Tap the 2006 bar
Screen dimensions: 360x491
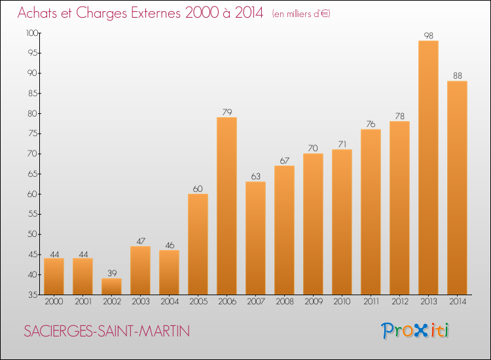pyautogui.click(x=227, y=206)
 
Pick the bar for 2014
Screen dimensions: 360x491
pyautogui.click(x=457, y=188)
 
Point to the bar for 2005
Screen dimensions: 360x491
pyautogui.click(x=198, y=244)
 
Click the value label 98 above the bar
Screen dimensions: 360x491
pyautogui.click(x=428, y=36)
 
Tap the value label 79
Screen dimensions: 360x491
pyautogui.click(x=227, y=113)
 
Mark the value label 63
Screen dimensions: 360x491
pyautogui.click(x=255, y=177)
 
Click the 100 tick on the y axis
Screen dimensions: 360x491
pyautogui.click(x=31, y=33)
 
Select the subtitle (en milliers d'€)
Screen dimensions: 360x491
pyautogui.click(x=300, y=14)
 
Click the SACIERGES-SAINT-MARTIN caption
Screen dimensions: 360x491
pyautogui.click(x=107, y=331)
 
